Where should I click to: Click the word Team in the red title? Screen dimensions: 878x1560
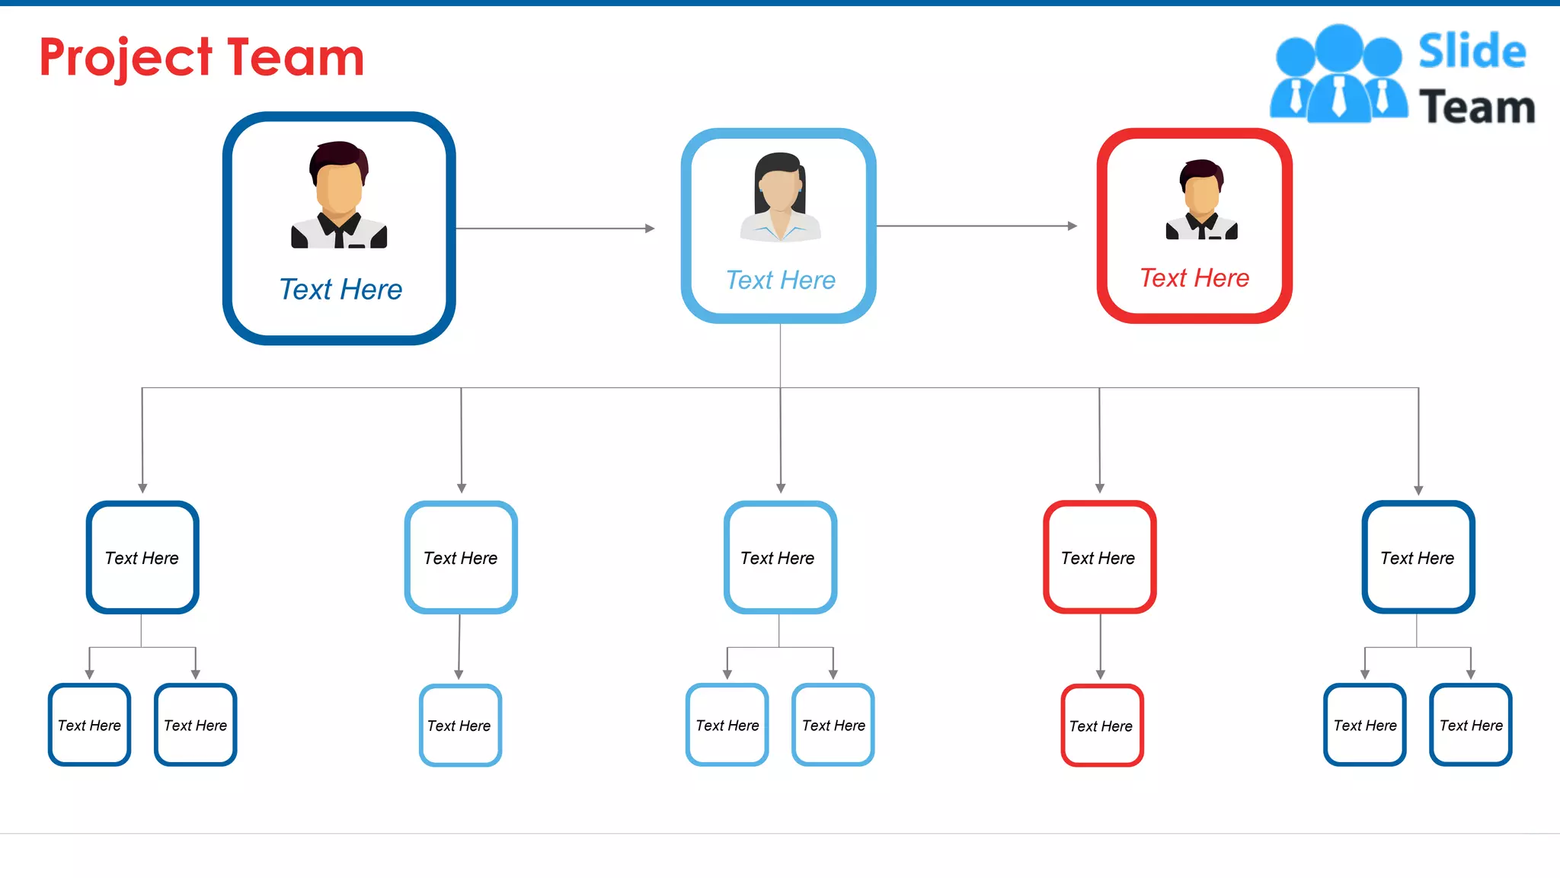296,58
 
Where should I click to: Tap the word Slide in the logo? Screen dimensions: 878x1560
1472,52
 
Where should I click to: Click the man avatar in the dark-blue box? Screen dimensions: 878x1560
339,195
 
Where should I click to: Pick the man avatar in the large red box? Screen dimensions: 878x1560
1201,200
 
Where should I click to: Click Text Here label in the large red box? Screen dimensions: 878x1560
1194,278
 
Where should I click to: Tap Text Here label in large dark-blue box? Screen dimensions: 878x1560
340,290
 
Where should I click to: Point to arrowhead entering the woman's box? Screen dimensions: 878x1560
650,228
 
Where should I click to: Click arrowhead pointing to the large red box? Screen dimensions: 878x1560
1072,226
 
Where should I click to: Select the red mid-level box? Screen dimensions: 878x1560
1099,557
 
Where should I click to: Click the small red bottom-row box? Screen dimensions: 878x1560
1101,725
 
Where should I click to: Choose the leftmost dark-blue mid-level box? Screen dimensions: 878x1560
142,557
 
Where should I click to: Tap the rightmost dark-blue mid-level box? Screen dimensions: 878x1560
1418,557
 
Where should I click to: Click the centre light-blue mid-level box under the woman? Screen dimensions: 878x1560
779,557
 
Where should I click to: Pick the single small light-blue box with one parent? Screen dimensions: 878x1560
459,725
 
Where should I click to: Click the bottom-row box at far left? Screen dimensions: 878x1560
89,725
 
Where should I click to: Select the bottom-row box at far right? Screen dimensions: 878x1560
1470,725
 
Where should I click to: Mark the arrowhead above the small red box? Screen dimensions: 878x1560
1100,675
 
